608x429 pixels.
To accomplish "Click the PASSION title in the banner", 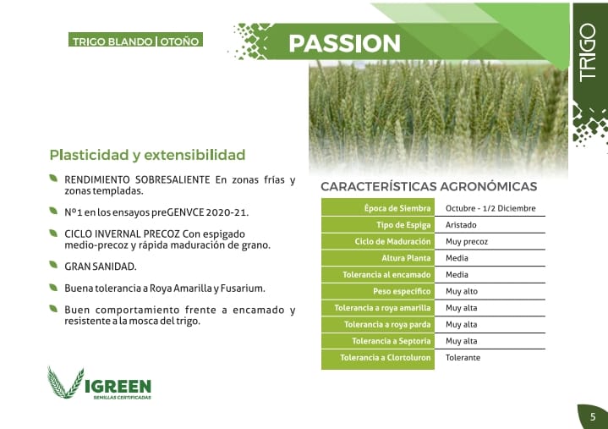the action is pos(344,43).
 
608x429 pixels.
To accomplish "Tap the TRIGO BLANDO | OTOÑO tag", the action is pos(135,40).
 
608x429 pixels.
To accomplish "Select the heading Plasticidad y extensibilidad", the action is pos(147,155).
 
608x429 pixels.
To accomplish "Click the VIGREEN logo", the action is pos(99,383).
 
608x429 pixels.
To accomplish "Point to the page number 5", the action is pos(593,417).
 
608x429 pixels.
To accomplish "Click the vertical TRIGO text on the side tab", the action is pos(588,52).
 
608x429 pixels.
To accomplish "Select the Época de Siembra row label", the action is pos(397,208).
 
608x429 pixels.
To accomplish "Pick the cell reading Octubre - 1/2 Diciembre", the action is pos(490,208).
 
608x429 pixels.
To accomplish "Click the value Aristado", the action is pos(461,225).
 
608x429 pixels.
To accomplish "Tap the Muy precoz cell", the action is pos(467,242).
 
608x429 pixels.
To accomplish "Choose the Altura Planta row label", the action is pos(406,258).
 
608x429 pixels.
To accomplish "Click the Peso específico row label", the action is pos(402,291).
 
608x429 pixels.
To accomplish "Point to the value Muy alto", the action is pos(462,291).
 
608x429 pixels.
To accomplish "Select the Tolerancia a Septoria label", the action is pos(392,341).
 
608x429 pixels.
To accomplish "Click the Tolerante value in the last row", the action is pos(463,358).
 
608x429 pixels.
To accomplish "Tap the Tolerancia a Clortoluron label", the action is pos(386,358).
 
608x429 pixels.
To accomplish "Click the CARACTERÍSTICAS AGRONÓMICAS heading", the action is pos(429,186).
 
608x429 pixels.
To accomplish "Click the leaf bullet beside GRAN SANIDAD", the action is pos(53,265).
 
